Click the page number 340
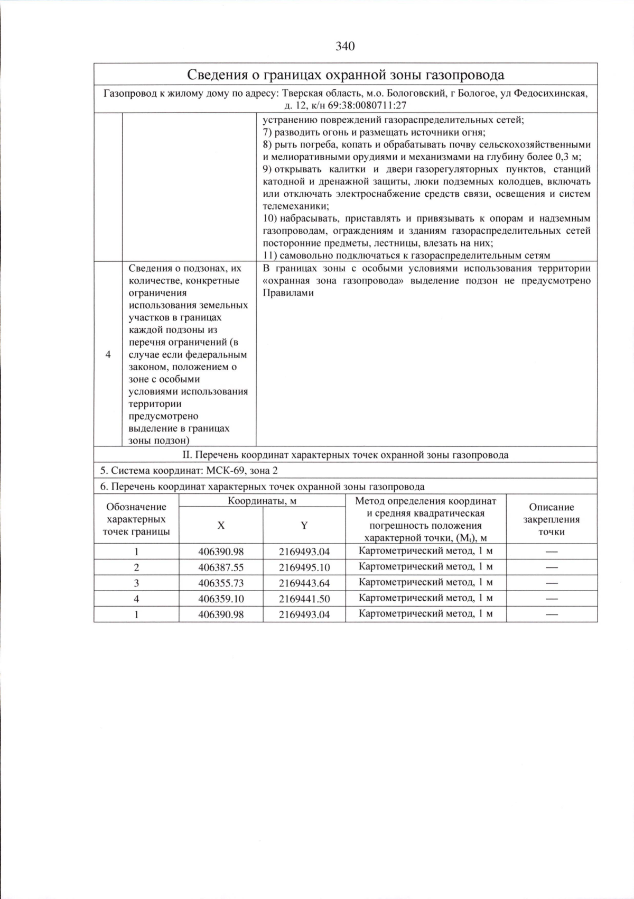[345, 47]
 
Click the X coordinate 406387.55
[221, 567]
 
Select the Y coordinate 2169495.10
[304, 567]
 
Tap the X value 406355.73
[221, 583]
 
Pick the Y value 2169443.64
[304, 583]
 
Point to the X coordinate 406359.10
[221, 599]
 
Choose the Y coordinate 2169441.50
[304, 599]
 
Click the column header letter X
[221, 525]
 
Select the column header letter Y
[304, 525]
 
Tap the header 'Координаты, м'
[262, 501]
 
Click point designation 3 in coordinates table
[136, 583]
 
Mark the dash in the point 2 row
[552, 567]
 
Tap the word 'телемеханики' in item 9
[295, 206]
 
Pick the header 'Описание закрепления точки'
[552, 519]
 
